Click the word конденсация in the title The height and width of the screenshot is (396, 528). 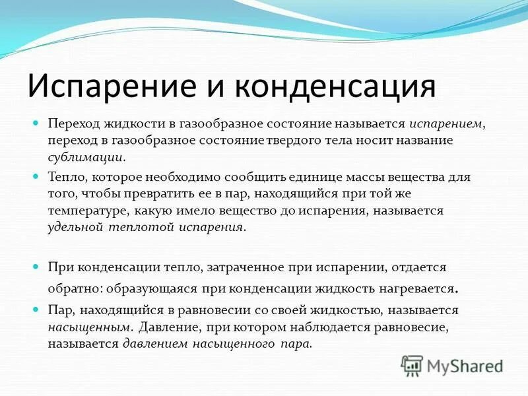click(x=341, y=86)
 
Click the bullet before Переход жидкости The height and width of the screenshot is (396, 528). click(x=38, y=123)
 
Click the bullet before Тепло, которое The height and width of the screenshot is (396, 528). click(x=38, y=177)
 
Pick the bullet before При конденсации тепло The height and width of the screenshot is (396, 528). click(x=38, y=267)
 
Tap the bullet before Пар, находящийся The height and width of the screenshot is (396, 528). click(x=38, y=309)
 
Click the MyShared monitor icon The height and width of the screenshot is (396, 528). click(x=412, y=364)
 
